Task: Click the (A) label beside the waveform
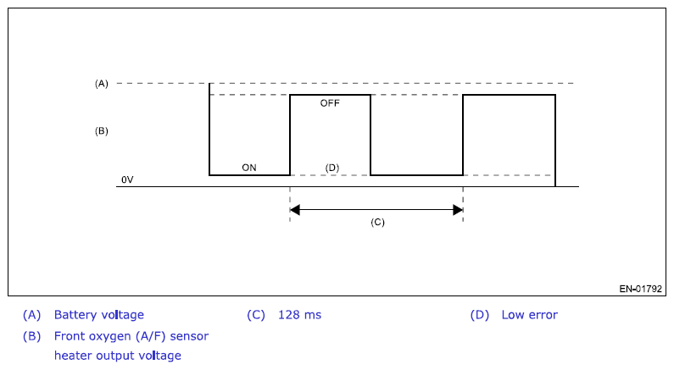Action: coord(102,83)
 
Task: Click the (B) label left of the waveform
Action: coord(102,131)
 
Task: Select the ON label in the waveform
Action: coord(249,168)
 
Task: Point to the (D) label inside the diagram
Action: coord(332,168)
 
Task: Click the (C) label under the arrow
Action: coord(377,222)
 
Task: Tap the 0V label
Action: coord(127,180)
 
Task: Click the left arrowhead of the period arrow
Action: coord(294,209)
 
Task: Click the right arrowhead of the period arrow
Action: coord(458,209)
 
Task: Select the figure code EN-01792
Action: coord(642,289)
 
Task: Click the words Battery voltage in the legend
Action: coord(99,315)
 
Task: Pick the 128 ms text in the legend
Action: coord(299,315)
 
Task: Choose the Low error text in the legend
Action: coord(529,315)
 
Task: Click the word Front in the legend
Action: coord(69,336)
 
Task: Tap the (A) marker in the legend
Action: coord(32,315)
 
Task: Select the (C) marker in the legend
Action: coord(256,315)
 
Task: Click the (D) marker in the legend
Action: coord(480,315)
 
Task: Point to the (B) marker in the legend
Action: coord(32,336)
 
